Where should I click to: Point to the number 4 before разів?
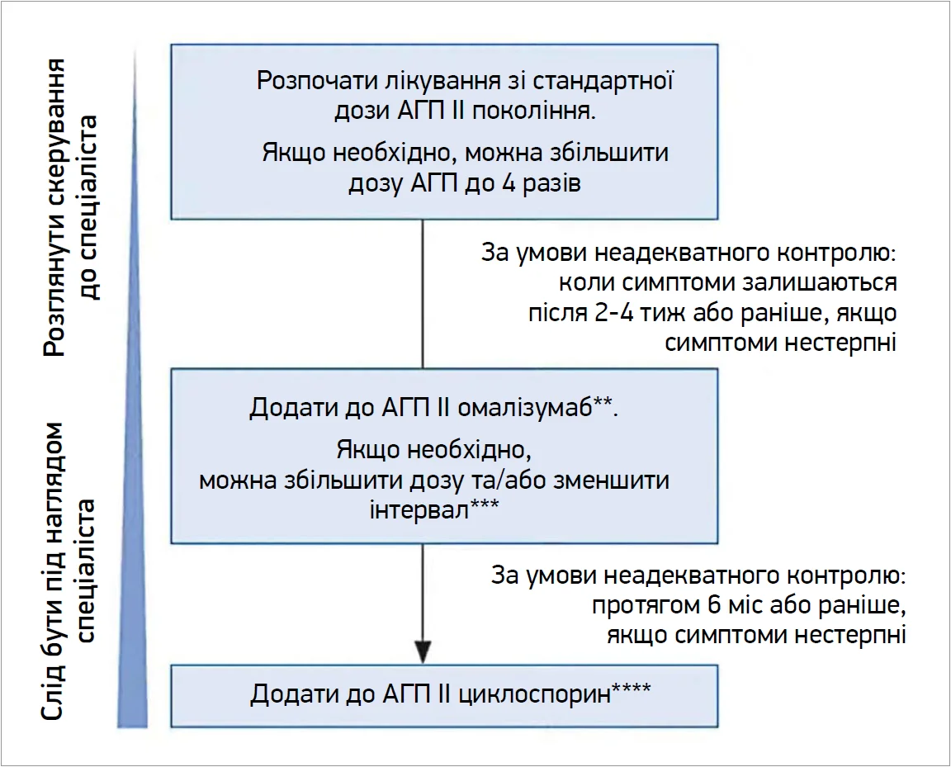(x=509, y=182)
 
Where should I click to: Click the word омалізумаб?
(x=524, y=409)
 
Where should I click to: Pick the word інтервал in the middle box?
(x=419, y=509)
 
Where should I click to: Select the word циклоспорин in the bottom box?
(x=534, y=694)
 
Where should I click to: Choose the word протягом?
(x=645, y=605)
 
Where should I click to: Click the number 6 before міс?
(x=713, y=605)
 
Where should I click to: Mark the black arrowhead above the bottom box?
(x=423, y=652)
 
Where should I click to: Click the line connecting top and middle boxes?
(x=423, y=294)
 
